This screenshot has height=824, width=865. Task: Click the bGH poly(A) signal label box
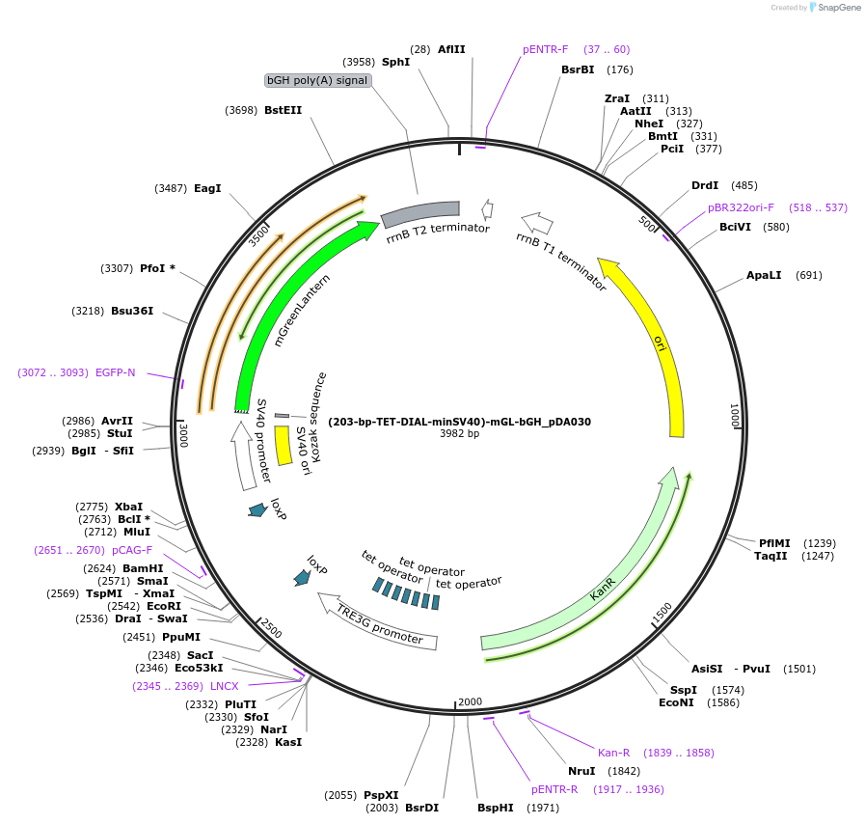(x=317, y=80)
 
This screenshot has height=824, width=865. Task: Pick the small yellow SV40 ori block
(x=283, y=445)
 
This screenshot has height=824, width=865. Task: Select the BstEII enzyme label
(x=283, y=110)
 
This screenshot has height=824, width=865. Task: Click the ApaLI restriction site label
(x=765, y=275)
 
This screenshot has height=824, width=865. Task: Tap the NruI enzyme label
(x=581, y=771)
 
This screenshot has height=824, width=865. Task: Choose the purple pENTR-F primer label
(x=546, y=49)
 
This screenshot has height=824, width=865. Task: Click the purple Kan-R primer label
(x=614, y=753)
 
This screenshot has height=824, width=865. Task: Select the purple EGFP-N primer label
(x=116, y=372)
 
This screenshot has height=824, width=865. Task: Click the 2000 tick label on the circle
(x=470, y=701)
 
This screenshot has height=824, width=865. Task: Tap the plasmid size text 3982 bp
(x=459, y=434)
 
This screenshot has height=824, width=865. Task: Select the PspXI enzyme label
(x=381, y=795)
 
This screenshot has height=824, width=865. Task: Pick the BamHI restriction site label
(x=143, y=568)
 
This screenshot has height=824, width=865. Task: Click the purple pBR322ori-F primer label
(x=741, y=207)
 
